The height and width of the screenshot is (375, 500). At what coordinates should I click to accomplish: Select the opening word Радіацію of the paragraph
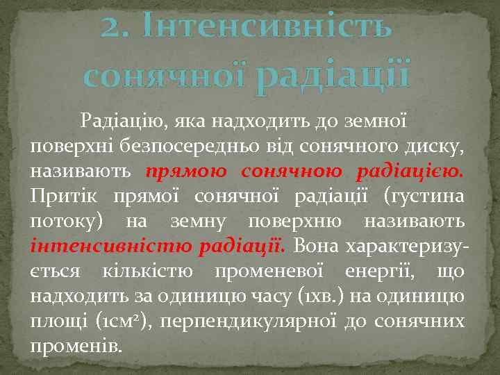click(122, 122)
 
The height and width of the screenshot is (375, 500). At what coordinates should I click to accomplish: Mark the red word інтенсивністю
click(110, 246)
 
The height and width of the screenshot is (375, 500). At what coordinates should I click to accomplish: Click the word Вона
click(317, 246)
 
